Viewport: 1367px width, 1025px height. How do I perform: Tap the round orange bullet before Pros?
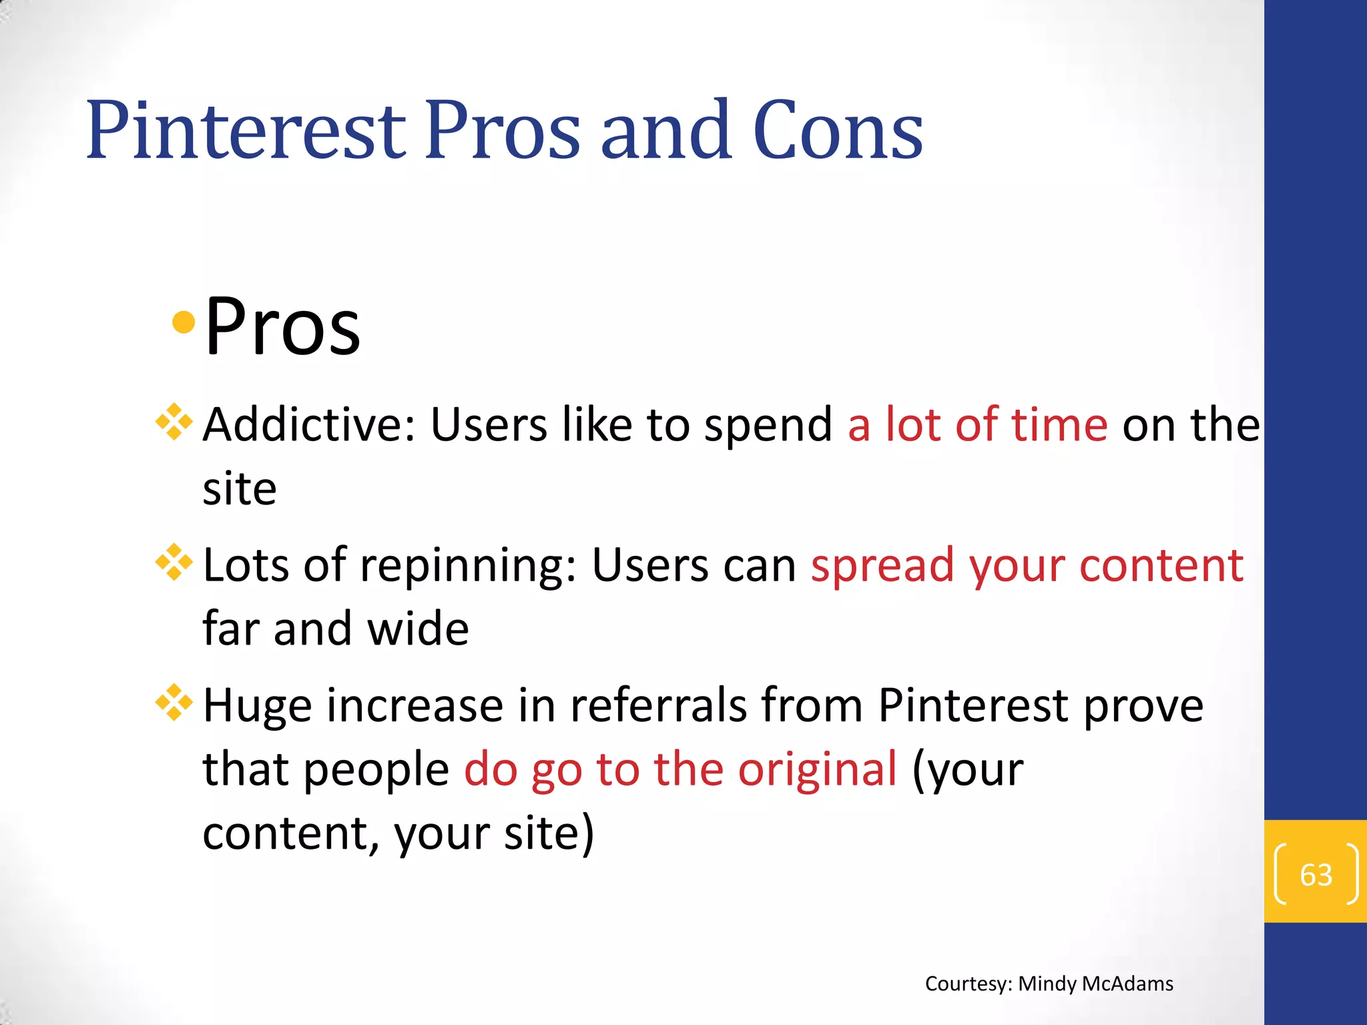pyautogui.click(x=183, y=323)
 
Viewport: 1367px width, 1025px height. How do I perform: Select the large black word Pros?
pyautogui.click(x=282, y=327)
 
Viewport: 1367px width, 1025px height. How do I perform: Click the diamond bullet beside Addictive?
pyautogui.click(x=174, y=422)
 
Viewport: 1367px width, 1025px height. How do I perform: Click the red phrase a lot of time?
pyautogui.click(x=977, y=424)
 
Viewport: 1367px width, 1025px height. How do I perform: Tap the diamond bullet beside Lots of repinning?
pyautogui.click(x=174, y=563)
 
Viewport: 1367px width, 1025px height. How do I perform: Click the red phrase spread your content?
pyautogui.click(x=1027, y=566)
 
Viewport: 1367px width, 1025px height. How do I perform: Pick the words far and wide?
pyautogui.click(x=336, y=629)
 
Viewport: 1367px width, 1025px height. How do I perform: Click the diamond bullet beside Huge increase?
pyautogui.click(x=174, y=703)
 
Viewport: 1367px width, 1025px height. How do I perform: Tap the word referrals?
pyautogui.click(x=657, y=705)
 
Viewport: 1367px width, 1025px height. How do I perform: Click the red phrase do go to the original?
pyautogui.click(x=680, y=769)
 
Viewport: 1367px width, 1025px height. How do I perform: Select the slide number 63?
pyautogui.click(x=1316, y=875)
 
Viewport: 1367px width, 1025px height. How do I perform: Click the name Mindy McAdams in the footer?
pyautogui.click(x=1095, y=984)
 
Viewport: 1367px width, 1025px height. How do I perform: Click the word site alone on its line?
pyautogui.click(x=240, y=488)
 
